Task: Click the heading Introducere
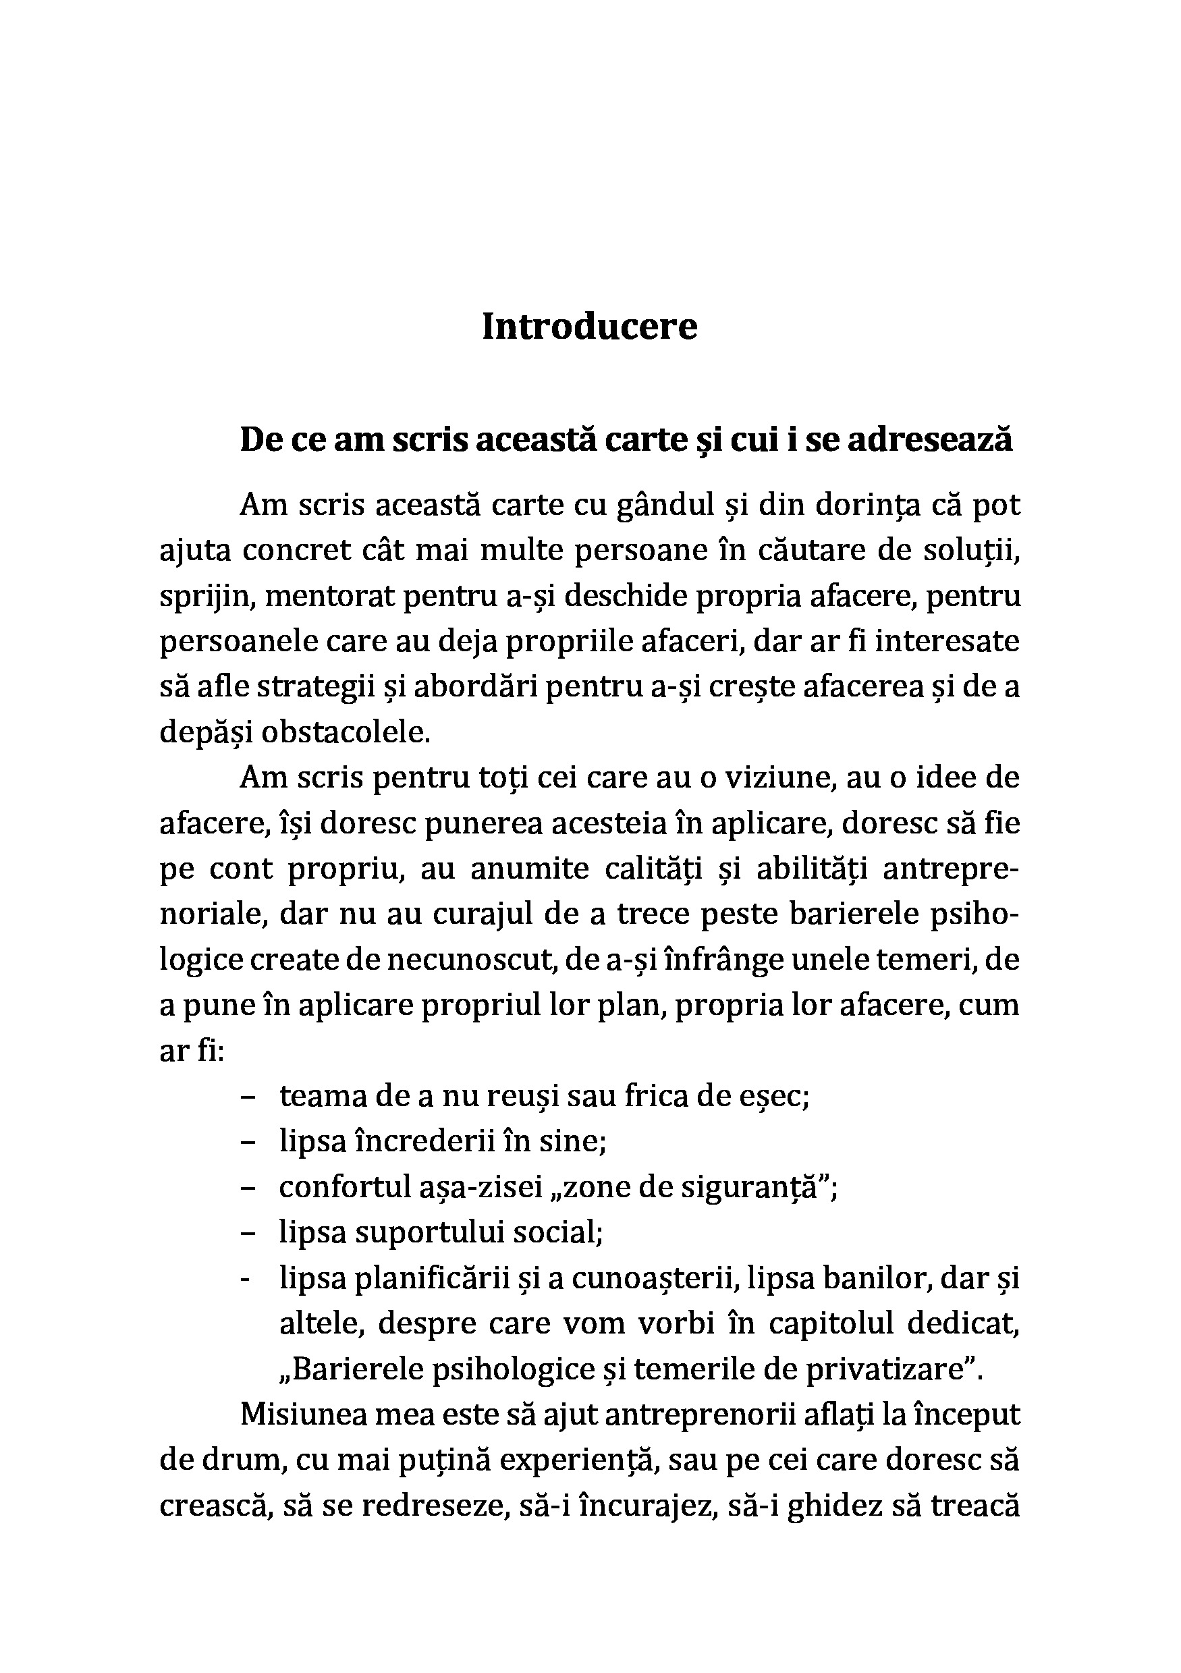pyautogui.click(x=589, y=327)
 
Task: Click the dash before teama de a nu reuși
pyautogui.click(x=247, y=1096)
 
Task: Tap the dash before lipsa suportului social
pyautogui.click(x=247, y=1232)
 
